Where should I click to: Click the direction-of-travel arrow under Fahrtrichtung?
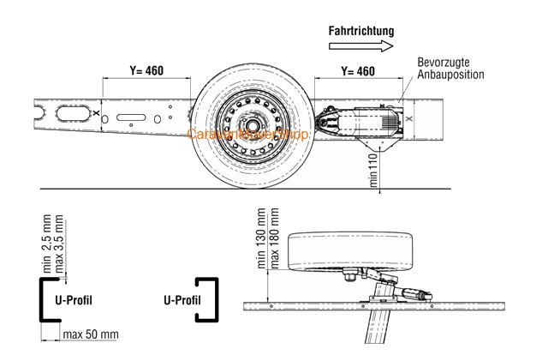(x=362, y=47)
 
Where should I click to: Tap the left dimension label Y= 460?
(x=144, y=69)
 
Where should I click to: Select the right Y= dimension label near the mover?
(x=358, y=70)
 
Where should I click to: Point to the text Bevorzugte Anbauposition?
(x=450, y=69)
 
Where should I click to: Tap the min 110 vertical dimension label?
(x=373, y=170)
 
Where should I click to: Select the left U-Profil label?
(x=74, y=300)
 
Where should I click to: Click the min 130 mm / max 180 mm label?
(x=261, y=240)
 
